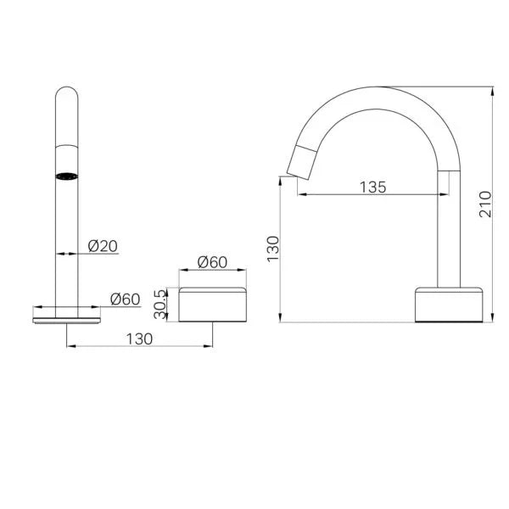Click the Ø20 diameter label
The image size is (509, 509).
point(103,246)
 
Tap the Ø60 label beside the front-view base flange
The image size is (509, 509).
point(125,298)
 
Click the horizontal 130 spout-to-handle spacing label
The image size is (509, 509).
point(139,338)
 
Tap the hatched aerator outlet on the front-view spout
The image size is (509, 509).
point(66,176)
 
